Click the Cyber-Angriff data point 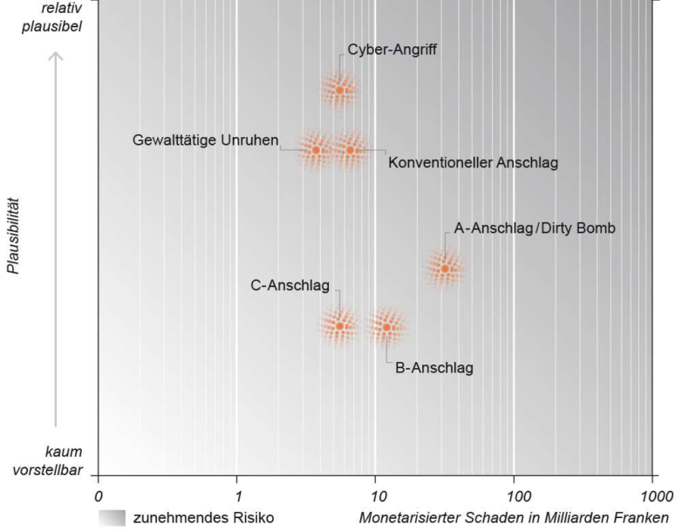pyautogui.click(x=340, y=90)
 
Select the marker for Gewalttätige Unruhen pyautogui.click(x=316, y=150)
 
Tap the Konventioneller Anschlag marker pyautogui.click(x=351, y=150)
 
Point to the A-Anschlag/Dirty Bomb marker pyautogui.click(x=445, y=268)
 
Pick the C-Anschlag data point pyautogui.click(x=340, y=326)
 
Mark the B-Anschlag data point pyautogui.click(x=386, y=327)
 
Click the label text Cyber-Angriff pyautogui.click(x=392, y=50)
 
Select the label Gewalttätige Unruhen pyautogui.click(x=206, y=140)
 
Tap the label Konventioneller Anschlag pyautogui.click(x=473, y=162)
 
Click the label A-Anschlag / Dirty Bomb pyautogui.click(x=535, y=228)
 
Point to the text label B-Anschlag pyautogui.click(x=434, y=368)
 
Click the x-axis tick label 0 pyautogui.click(x=98, y=496)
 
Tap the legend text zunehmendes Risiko pyautogui.click(x=203, y=518)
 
